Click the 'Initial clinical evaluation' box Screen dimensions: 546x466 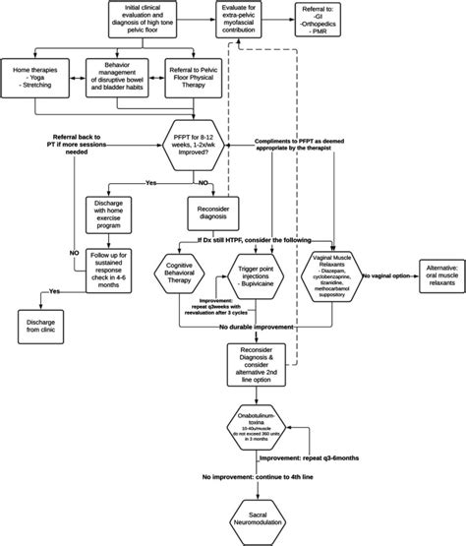click(x=150, y=19)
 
